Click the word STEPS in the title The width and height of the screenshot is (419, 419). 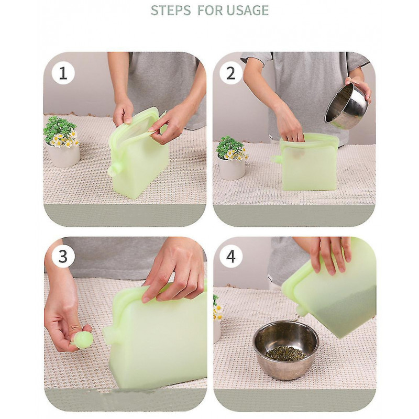(171, 10)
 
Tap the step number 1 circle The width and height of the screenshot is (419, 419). (63, 73)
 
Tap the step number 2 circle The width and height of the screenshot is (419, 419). (231, 73)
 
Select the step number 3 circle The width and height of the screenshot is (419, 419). (63, 256)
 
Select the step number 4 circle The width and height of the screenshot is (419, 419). (231, 256)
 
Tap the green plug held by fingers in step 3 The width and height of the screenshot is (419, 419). (83, 339)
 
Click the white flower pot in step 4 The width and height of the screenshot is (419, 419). (217, 330)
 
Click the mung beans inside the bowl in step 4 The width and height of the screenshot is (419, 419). (285, 353)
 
